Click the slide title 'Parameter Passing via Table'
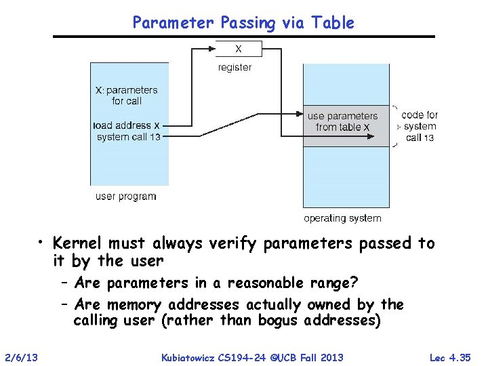point(243,22)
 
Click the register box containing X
point(237,49)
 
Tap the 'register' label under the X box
point(235,67)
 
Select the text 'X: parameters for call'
point(127,95)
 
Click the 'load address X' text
point(127,125)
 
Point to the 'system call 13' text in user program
point(128,136)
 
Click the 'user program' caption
point(126,197)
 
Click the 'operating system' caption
point(342,218)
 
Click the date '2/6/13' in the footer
point(21,357)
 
